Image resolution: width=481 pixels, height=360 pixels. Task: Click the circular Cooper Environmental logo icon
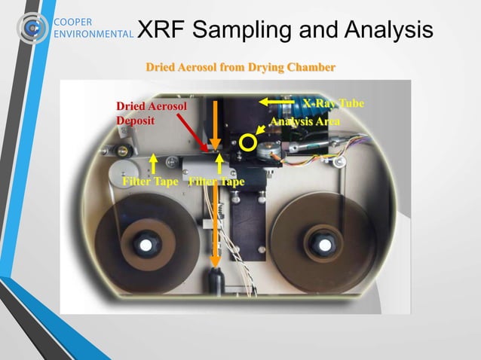(x=31, y=27)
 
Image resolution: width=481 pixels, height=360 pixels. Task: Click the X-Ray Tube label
(x=332, y=102)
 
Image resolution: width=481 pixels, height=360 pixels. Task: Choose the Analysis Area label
(x=305, y=121)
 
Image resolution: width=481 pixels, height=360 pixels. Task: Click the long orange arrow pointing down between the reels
(x=216, y=226)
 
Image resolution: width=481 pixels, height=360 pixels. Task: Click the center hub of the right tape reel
(x=324, y=246)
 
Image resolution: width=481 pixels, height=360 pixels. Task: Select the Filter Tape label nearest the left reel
(x=150, y=182)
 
